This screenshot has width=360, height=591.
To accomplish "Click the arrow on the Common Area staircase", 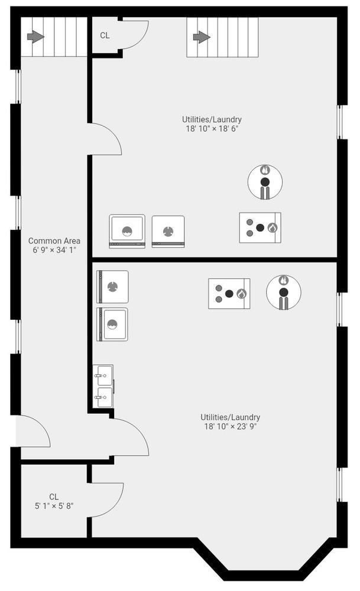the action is (35, 37).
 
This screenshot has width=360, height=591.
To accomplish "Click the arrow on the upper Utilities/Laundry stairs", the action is (202, 37).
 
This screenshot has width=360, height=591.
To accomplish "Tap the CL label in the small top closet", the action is (105, 35).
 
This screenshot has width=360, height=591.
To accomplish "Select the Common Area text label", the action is (54, 241).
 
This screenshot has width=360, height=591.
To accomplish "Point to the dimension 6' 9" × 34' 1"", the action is (54, 250).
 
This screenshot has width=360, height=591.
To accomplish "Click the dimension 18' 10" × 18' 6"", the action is (212, 128).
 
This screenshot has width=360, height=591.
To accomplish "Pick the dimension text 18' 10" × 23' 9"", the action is (231, 426).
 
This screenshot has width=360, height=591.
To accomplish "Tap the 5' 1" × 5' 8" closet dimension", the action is (54, 506).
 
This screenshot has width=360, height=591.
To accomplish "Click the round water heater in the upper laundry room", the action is (265, 181).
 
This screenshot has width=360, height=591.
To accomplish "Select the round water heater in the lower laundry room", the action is (284, 292).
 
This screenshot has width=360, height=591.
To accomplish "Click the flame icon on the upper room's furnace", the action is (272, 228).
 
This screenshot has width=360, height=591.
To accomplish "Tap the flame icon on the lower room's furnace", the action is (241, 294).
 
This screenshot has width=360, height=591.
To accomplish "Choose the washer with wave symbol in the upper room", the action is (127, 231).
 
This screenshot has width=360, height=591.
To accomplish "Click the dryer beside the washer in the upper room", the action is (168, 232).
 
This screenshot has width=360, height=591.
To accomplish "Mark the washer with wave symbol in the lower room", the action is (112, 324).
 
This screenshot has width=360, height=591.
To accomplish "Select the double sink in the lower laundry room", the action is (103, 386).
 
